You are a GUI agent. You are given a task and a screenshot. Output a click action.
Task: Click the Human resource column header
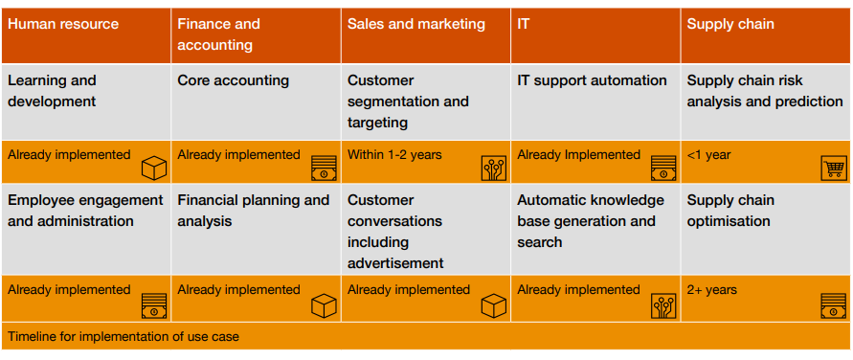tap(63, 24)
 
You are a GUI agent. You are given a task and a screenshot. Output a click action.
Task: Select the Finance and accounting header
tap(218, 34)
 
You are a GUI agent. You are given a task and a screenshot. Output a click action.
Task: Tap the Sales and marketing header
tap(415, 24)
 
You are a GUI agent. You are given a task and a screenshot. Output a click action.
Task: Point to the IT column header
tap(524, 24)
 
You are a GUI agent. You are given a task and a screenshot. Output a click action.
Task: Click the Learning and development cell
tap(52, 91)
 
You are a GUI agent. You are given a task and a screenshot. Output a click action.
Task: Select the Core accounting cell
tap(233, 80)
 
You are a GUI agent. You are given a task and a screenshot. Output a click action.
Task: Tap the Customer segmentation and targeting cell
tap(408, 101)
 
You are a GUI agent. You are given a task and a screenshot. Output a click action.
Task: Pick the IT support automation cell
tap(592, 80)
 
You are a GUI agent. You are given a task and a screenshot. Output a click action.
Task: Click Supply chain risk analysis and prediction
tap(764, 91)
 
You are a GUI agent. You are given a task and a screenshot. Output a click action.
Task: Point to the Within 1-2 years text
tap(394, 154)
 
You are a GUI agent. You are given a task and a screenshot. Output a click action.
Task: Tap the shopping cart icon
tap(835, 169)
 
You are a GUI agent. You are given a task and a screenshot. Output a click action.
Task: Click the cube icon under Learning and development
tap(154, 169)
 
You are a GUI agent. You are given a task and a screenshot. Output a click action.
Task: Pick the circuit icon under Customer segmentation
tap(493, 169)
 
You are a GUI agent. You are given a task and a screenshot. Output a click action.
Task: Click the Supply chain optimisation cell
tap(729, 211)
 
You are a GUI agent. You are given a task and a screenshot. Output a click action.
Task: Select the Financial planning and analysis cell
tap(253, 211)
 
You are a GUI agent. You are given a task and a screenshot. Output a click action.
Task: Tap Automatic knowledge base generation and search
tap(590, 221)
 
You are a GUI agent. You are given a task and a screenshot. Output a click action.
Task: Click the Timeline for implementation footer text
tap(123, 336)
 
